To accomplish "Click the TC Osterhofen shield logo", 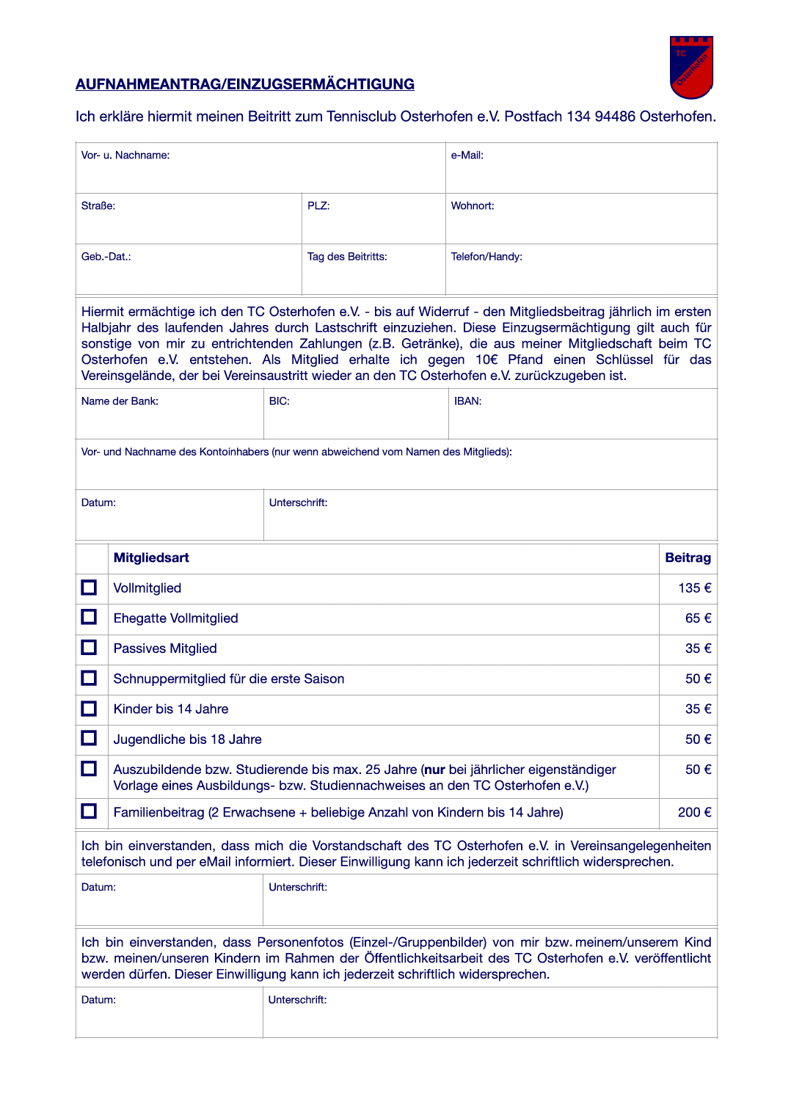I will [x=691, y=67].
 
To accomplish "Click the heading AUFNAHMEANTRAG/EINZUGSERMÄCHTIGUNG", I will [x=245, y=84].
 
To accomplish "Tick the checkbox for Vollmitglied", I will [x=89, y=588].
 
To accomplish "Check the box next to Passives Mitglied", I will [x=89, y=648].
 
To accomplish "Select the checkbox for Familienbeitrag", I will [x=89, y=811].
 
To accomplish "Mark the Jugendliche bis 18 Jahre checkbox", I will [x=89, y=738].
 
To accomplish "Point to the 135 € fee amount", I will [x=694, y=588].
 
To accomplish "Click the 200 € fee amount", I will [x=694, y=812].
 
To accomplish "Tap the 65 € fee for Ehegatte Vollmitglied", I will [x=698, y=618].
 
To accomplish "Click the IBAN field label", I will [x=467, y=401].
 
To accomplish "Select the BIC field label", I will [x=279, y=401].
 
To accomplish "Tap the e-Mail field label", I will [x=467, y=156].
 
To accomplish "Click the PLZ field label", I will [x=318, y=206].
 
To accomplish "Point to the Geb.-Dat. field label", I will [x=106, y=257].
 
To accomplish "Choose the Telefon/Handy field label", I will [x=486, y=257].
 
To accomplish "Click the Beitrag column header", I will [x=688, y=558].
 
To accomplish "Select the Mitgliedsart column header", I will [x=151, y=558].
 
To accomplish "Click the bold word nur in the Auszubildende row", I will [x=435, y=770].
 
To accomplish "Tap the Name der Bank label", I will [x=120, y=401].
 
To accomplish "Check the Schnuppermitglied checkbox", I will [x=89, y=678].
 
